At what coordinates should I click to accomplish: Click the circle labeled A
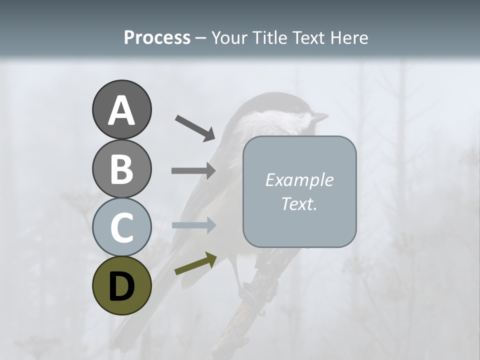(x=121, y=110)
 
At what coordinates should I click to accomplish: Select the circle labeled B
(x=121, y=168)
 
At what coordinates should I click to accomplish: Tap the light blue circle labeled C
(x=121, y=227)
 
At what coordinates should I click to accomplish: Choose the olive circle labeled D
(x=121, y=285)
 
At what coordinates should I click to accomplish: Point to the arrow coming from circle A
(x=194, y=127)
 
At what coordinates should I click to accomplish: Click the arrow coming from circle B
(x=193, y=170)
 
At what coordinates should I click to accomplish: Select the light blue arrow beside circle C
(x=193, y=225)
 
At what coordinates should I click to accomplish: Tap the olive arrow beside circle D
(x=195, y=263)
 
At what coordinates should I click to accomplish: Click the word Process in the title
(x=157, y=37)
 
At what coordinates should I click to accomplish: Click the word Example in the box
(x=299, y=180)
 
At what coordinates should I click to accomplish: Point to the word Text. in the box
(x=299, y=204)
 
